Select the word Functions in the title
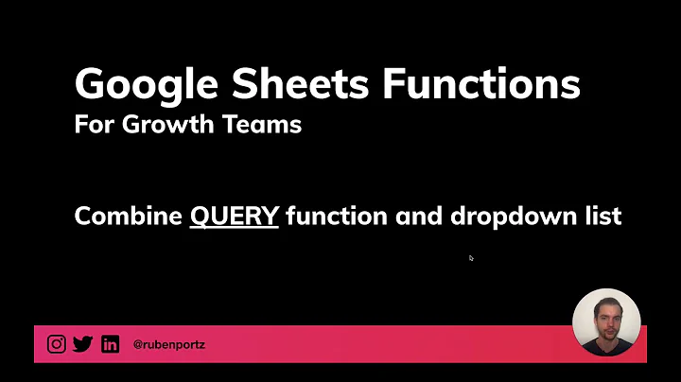[481, 85]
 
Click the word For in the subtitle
[93, 124]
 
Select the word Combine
[129, 216]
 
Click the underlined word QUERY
[235, 216]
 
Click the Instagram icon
[57, 344]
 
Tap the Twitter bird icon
[83, 344]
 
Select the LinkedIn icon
[110, 344]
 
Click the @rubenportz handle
[168, 345]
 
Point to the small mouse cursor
[470, 257]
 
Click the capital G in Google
[93, 85]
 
